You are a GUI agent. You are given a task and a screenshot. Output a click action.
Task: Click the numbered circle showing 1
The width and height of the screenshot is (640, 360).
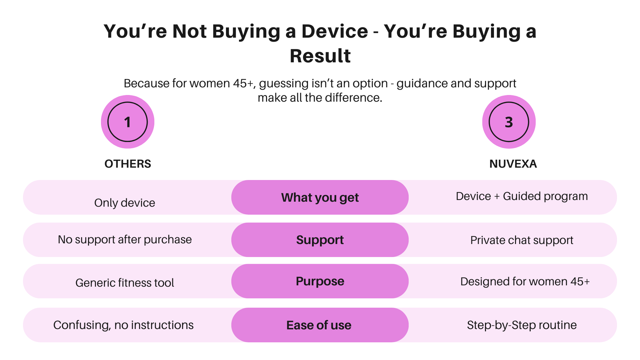click(x=128, y=122)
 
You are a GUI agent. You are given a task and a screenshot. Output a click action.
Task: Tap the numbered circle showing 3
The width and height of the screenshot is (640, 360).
click(x=509, y=122)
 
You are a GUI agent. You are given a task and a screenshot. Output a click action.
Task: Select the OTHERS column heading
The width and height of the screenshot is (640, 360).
click(x=128, y=164)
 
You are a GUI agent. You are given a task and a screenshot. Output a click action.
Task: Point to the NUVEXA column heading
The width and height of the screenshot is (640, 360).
click(x=513, y=164)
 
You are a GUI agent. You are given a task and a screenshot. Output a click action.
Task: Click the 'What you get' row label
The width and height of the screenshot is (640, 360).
click(x=320, y=197)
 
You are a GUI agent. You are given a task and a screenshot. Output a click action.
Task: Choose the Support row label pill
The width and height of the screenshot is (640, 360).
click(x=320, y=240)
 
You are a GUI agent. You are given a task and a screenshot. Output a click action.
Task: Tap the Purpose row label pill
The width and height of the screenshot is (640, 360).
click(x=320, y=281)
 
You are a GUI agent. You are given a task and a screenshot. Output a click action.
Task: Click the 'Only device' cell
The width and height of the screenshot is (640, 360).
click(x=125, y=203)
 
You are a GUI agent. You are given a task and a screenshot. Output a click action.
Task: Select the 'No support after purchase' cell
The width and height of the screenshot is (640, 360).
click(x=125, y=240)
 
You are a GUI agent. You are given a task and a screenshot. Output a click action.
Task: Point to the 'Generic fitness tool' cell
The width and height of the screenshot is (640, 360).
click(x=125, y=283)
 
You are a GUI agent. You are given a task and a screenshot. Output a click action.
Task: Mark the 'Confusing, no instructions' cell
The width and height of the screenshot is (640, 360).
click(x=123, y=325)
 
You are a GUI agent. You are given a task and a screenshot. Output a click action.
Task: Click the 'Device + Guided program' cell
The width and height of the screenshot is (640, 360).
click(x=522, y=196)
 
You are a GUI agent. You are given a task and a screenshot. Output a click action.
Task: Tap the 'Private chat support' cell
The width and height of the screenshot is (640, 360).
click(x=522, y=240)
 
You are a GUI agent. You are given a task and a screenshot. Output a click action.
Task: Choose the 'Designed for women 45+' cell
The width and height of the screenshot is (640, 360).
click(x=525, y=282)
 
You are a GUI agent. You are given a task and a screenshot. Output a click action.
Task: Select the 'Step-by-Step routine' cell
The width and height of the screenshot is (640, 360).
click(x=522, y=325)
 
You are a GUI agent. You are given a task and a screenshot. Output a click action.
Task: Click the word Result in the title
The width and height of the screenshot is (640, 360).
click(x=320, y=56)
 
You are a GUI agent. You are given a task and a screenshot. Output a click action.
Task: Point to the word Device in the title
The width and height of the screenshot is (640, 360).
click(x=335, y=31)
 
